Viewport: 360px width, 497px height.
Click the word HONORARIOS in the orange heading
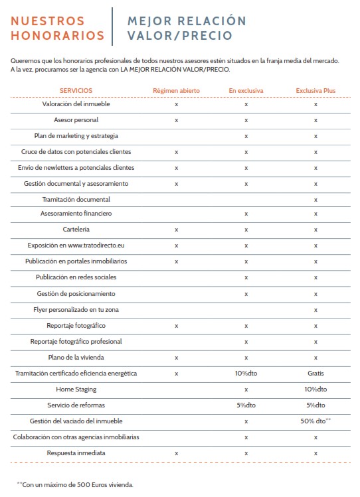pyautogui.click(x=57, y=36)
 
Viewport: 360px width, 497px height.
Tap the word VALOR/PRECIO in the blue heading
pyautogui.click(x=180, y=36)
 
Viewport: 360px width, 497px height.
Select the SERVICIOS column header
pyautogui.click(x=76, y=91)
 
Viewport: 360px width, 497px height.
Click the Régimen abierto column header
pyautogui.click(x=177, y=91)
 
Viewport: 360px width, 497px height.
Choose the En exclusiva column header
pyautogui.click(x=246, y=91)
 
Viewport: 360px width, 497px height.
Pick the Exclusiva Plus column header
pyautogui.click(x=315, y=91)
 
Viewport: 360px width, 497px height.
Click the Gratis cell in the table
pyautogui.click(x=315, y=374)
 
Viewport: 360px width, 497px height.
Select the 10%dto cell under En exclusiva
pyautogui.click(x=246, y=374)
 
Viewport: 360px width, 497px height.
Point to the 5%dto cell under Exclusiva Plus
pyautogui.click(x=315, y=405)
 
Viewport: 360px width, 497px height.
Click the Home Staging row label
pyautogui.click(x=76, y=390)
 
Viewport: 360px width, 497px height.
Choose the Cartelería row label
pyautogui.click(x=76, y=229)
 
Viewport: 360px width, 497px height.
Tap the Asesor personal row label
pyautogui.click(x=76, y=120)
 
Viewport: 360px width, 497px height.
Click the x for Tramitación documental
pyautogui.click(x=315, y=200)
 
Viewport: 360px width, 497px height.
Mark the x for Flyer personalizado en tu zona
pyautogui.click(x=315, y=311)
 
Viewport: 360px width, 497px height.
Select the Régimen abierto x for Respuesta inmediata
pyautogui.click(x=177, y=454)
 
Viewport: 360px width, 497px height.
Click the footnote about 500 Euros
pyautogui.click(x=75, y=484)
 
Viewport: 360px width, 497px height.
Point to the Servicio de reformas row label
pyautogui.click(x=76, y=405)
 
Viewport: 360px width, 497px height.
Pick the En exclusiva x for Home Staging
pyautogui.click(x=246, y=390)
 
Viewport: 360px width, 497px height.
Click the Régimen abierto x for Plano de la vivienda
pyautogui.click(x=177, y=358)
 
